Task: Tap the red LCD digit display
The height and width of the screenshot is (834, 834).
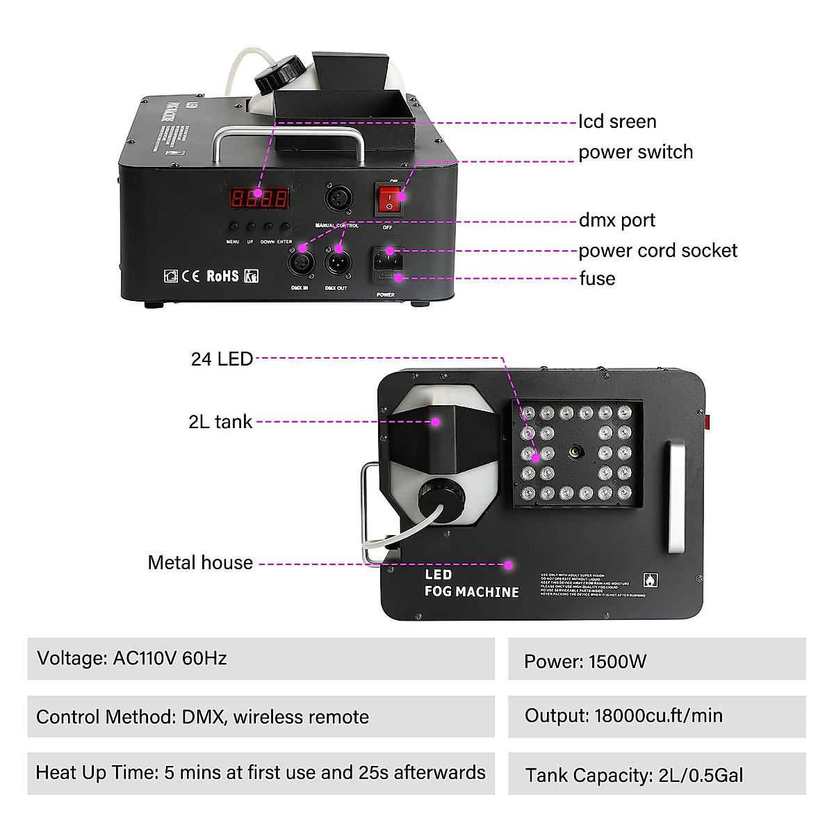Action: point(259,198)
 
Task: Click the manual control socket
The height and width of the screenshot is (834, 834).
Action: point(338,199)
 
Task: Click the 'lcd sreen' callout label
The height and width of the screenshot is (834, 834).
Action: point(617,122)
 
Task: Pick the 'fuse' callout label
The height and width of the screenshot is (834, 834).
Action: point(597,279)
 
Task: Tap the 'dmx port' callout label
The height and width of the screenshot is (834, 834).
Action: point(616,220)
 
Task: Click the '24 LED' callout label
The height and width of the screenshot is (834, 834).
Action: point(222,359)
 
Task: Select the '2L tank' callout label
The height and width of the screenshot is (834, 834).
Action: point(220,422)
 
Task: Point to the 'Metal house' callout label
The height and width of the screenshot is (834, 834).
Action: point(200,563)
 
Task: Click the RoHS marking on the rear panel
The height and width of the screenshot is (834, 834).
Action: point(222,276)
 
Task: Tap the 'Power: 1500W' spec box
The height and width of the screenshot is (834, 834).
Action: point(656,660)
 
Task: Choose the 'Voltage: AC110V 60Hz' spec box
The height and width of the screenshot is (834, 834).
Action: point(261,659)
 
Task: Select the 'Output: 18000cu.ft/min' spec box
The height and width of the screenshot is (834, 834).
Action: point(656,717)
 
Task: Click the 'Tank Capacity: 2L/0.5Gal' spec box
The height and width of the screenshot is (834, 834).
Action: point(656,774)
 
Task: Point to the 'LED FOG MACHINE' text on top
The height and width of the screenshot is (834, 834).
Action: point(471,584)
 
